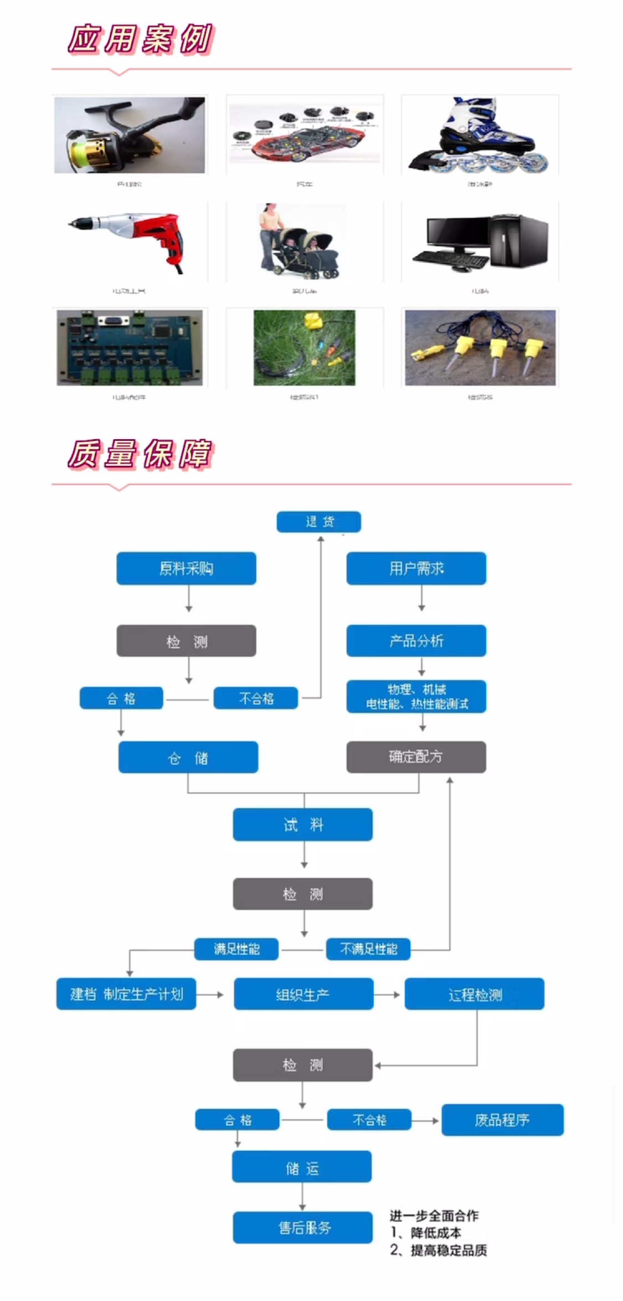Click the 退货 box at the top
(318, 522)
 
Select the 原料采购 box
(186, 568)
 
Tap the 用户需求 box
(416, 568)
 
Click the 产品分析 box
(416, 641)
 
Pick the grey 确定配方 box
(416, 757)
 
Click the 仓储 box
(188, 757)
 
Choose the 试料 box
(302, 825)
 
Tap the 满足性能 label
(236, 949)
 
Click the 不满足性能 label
(368, 949)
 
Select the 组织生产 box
(303, 994)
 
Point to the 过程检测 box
(474, 994)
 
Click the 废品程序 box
(502, 1120)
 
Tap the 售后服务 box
(302, 1228)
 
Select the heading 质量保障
(140, 455)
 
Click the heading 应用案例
(140, 39)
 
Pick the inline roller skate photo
(480, 135)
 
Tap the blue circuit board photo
(130, 347)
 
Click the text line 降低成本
(435, 1233)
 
